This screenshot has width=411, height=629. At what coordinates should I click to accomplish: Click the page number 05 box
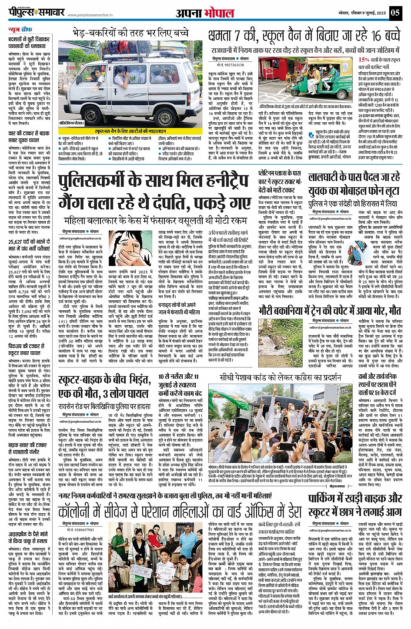tap(395, 12)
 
